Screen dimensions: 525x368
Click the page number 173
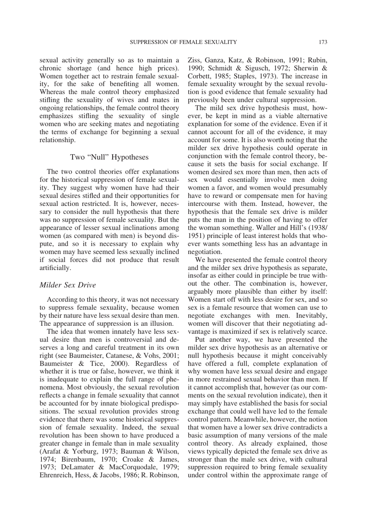[323, 42]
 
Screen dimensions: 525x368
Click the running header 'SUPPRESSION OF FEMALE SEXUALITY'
[183, 42]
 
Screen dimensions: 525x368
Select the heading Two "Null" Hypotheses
[109, 157]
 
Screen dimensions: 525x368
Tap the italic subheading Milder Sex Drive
[68, 285]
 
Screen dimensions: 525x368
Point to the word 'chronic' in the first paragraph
[50, 68]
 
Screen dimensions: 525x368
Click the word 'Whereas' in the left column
[52, 92]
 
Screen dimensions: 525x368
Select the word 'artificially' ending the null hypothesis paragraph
[54, 268]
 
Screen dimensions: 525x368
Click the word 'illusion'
[161, 323]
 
